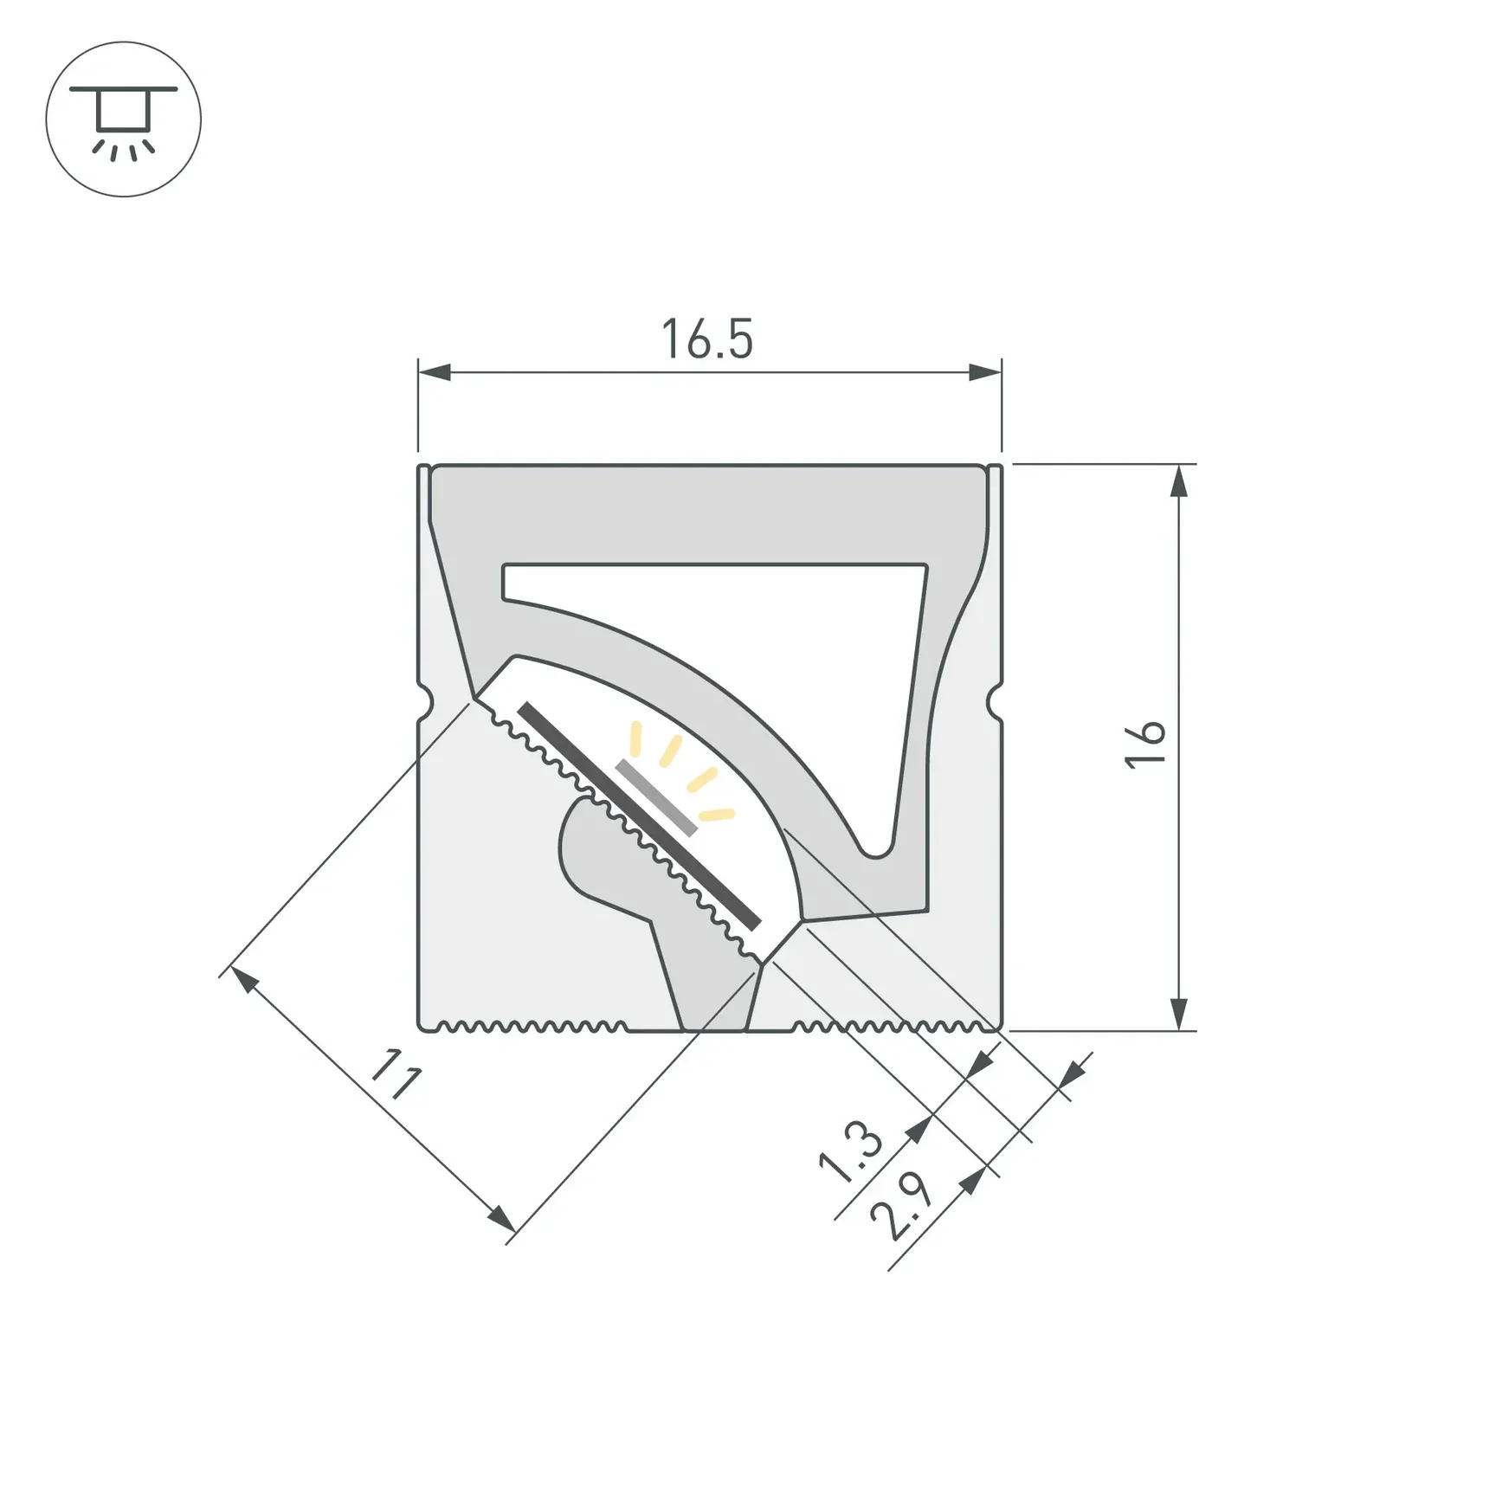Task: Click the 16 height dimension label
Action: tap(1145, 743)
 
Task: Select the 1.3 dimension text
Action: tap(850, 1151)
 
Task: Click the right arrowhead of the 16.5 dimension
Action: tap(984, 373)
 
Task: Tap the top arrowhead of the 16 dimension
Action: tap(1178, 480)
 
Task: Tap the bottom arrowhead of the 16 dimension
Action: tap(1178, 1014)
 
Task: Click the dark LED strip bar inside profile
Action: tap(639, 816)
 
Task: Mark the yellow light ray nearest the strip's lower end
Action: tap(717, 815)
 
